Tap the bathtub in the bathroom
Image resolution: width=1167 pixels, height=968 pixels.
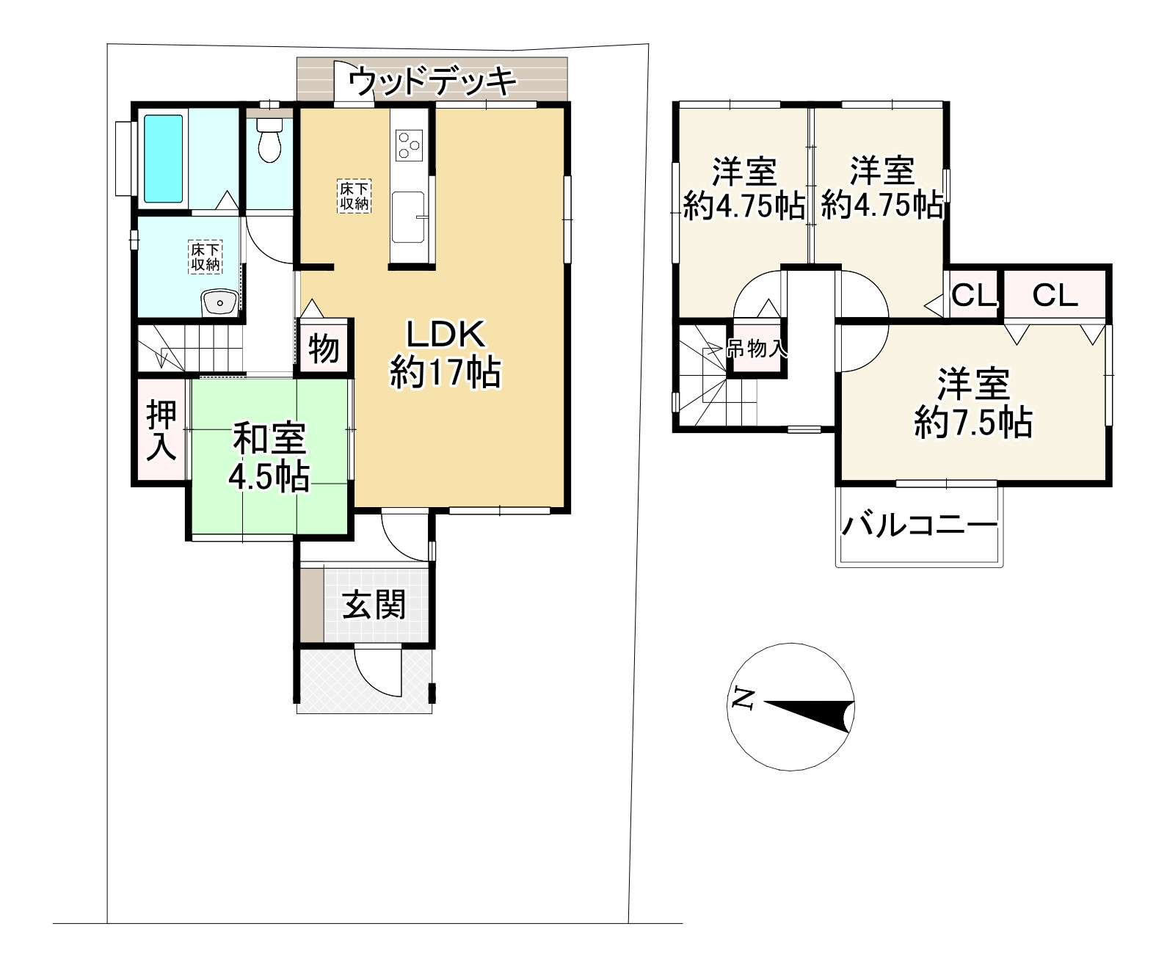(x=163, y=159)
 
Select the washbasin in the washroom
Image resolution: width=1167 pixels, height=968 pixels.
(x=220, y=302)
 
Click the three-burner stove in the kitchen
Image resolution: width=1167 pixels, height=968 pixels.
(x=409, y=145)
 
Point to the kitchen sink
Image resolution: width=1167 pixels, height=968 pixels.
(x=408, y=216)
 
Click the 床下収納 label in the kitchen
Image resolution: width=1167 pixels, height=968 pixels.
(x=355, y=196)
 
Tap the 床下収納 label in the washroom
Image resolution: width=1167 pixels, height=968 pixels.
(x=205, y=257)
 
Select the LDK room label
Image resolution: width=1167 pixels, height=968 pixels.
(x=446, y=353)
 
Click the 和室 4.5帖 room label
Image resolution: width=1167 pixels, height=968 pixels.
(x=269, y=457)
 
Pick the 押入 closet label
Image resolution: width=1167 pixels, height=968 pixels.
(x=161, y=430)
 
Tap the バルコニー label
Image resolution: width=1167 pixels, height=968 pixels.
(x=920, y=525)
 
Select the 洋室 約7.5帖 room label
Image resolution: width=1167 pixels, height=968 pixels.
(x=973, y=402)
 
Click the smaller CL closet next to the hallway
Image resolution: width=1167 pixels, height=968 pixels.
(x=974, y=295)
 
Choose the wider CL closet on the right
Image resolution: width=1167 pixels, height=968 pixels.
(x=1055, y=295)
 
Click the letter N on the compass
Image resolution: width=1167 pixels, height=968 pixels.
(x=744, y=698)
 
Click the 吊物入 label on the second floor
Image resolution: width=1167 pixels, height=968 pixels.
(x=757, y=349)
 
